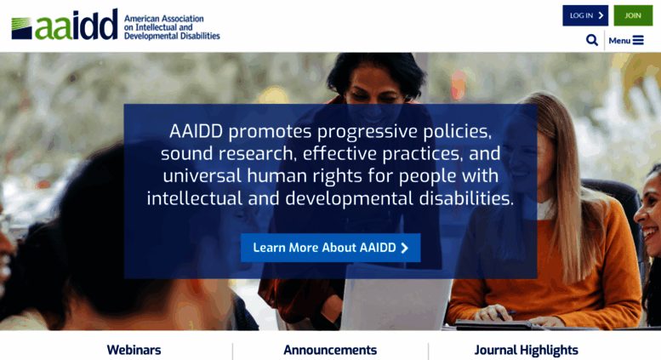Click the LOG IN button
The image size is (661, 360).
pyautogui.click(x=585, y=15)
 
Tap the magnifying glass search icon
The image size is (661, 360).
pyautogui.click(x=592, y=40)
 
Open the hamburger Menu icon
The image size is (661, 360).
pyautogui.click(x=638, y=40)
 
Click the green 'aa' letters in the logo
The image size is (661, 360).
pyautogui.click(x=54, y=28)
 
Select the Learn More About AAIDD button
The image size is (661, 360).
pyautogui.click(x=330, y=248)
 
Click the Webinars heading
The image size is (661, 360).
pyautogui.click(x=134, y=350)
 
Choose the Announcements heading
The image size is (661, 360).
pyautogui.click(x=330, y=350)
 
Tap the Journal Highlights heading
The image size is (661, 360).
pyautogui.click(x=526, y=351)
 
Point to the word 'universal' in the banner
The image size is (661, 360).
pyautogui.click(x=202, y=176)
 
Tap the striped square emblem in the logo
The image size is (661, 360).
pyautogui.click(x=21, y=29)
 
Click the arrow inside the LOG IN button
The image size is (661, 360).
pyautogui.click(x=601, y=15)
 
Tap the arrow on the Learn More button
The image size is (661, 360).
pyautogui.click(x=405, y=248)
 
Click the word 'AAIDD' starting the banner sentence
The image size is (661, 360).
pyautogui.click(x=196, y=132)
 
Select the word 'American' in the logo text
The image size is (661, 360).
pyautogui.click(x=141, y=19)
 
